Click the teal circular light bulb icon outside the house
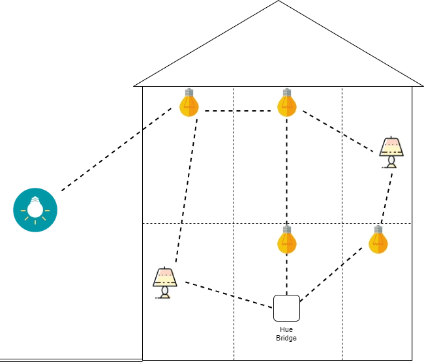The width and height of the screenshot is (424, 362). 35,210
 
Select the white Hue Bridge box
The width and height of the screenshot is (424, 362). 286,309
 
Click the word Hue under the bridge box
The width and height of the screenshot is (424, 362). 286,329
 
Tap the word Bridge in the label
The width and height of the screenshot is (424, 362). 286,338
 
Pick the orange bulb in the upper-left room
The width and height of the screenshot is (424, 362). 189,102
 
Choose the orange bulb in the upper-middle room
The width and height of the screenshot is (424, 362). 287,102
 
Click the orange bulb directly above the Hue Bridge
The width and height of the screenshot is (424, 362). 287,240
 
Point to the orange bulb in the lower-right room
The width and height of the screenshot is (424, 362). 378,240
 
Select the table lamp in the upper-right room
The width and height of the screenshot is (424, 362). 391,152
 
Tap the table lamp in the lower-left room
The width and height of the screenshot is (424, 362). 165,283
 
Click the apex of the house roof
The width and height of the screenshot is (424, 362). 279,1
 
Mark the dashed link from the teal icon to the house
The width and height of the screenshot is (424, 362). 117,149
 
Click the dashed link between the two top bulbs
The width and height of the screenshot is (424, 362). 238,111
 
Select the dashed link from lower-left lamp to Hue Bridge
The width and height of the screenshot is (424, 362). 229,295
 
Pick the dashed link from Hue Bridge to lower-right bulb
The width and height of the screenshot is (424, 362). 331,274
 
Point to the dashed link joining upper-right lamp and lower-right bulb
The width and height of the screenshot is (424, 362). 387,198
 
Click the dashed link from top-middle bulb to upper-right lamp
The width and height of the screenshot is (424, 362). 338,131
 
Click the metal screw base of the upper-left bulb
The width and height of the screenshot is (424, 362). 189,93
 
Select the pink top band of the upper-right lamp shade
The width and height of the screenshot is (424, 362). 391,142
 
